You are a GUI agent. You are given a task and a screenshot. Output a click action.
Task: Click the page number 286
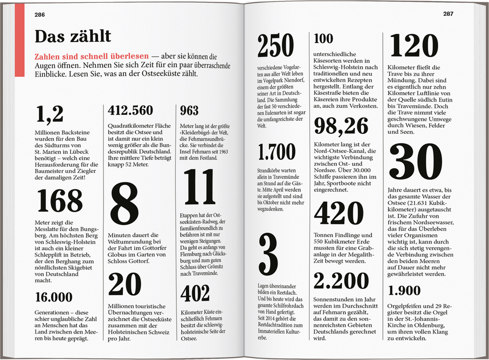(x=40, y=15)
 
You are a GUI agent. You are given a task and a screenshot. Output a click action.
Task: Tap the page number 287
(x=448, y=14)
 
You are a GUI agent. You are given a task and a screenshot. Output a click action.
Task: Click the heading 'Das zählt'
(x=73, y=36)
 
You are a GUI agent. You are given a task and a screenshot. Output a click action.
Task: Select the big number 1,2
(x=49, y=114)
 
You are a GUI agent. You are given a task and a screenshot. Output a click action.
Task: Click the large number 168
(x=60, y=200)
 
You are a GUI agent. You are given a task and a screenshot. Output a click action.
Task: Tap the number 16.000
(x=54, y=297)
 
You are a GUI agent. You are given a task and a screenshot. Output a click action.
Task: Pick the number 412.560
(x=130, y=111)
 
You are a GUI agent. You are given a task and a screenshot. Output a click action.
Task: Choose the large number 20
(x=124, y=284)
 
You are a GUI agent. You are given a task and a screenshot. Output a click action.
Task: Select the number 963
(x=189, y=111)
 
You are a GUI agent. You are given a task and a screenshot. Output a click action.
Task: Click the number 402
(x=195, y=293)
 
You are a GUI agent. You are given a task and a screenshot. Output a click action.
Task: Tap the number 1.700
(x=277, y=152)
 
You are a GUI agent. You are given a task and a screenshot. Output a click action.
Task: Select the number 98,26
(x=341, y=126)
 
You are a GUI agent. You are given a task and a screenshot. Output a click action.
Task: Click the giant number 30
(x=415, y=163)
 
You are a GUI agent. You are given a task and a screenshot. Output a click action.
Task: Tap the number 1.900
(x=404, y=291)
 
